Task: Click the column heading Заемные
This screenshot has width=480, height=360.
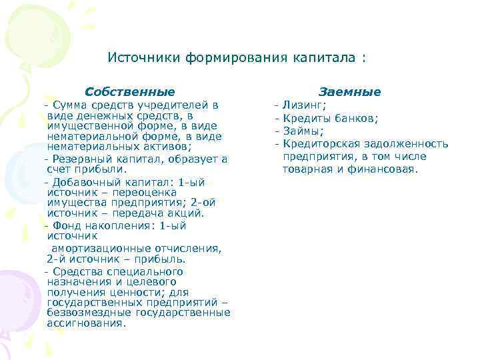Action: click(350, 91)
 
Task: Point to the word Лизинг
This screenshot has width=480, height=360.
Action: click(303, 105)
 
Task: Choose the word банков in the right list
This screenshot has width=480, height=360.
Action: click(355, 118)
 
